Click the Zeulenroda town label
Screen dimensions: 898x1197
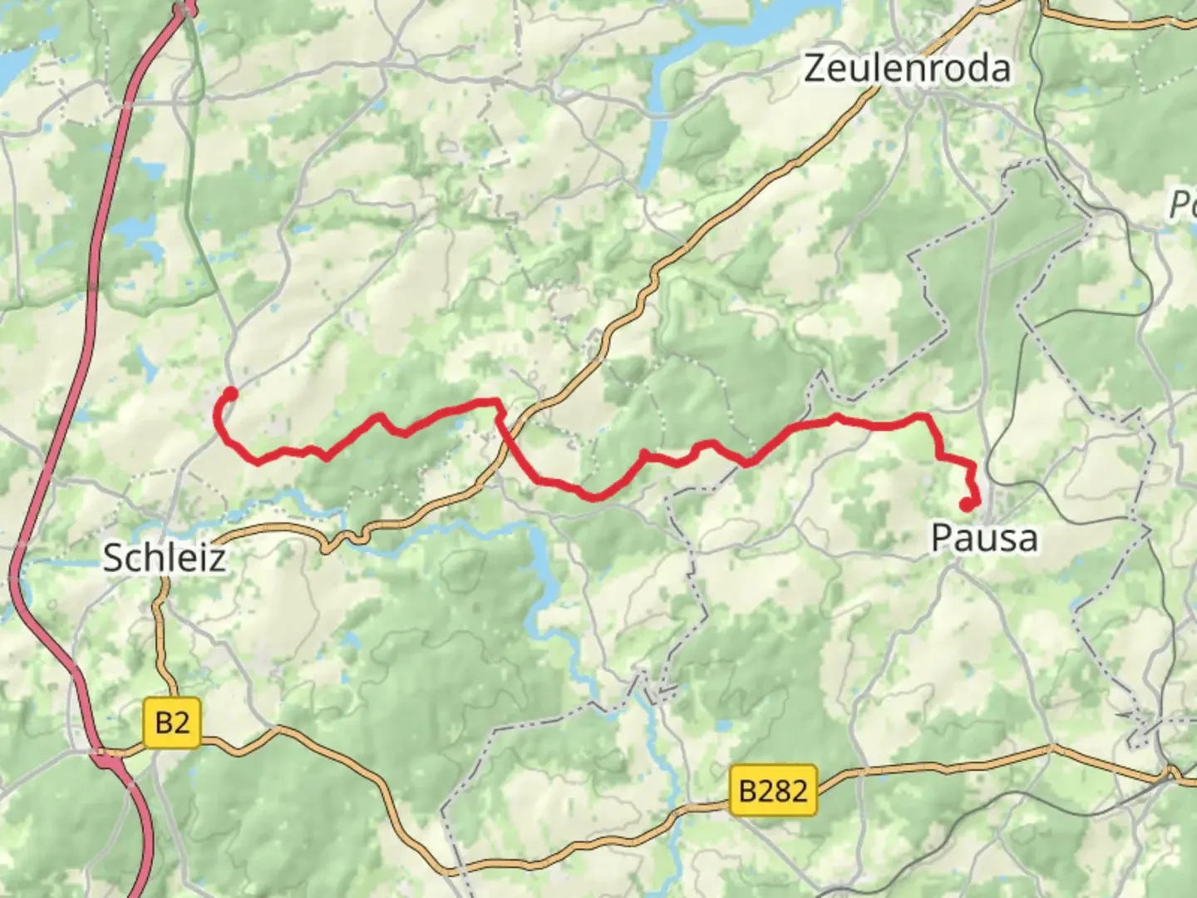tap(907, 68)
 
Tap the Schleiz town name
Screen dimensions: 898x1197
tap(164, 557)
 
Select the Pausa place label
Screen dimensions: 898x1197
tap(984, 538)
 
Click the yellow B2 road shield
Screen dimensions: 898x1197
tap(172, 723)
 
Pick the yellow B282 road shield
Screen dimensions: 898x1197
tap(773, 789)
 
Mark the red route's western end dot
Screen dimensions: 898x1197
tap(231, 393)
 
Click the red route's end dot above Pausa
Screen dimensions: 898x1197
tap(966, 504)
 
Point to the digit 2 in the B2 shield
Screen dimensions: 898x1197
tap(182, 723)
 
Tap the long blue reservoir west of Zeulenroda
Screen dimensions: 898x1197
tap(657, 108)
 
